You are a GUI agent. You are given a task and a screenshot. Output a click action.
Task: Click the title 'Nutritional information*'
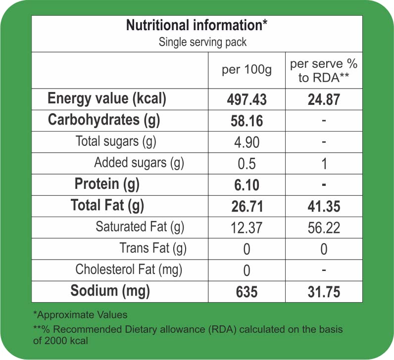pos(197,25)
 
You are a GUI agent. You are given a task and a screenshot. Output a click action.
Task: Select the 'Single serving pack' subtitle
pos(202,42)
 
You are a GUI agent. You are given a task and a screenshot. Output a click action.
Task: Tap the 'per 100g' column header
pos(246,70)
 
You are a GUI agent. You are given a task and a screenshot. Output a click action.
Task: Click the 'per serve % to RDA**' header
pos(324,71)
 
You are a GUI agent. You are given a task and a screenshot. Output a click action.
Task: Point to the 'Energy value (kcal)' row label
pos(107,99)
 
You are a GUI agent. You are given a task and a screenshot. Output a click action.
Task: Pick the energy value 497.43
pos(247,99)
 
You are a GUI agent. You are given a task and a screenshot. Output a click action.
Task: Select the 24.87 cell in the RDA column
pos(324,99)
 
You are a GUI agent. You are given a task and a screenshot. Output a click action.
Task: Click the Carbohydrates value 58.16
pos(247,121)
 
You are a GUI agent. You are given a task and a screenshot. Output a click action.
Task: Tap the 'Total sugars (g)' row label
pos(116,141)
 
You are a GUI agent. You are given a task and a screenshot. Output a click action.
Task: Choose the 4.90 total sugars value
pos(247,142)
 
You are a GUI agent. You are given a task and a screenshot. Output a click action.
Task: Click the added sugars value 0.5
pos(247,164)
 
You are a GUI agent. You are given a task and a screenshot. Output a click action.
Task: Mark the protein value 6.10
pos(247,185)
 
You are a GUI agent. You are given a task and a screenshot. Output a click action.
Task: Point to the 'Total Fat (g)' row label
pos(107,205)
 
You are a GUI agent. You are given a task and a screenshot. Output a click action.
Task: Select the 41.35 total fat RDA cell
pos(324,206)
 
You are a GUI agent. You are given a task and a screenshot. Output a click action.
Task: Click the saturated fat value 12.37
pos(247,227)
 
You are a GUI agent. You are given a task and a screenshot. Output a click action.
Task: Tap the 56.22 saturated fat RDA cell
pos(324,227)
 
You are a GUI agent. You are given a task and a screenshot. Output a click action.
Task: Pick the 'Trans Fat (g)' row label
pos(153,248)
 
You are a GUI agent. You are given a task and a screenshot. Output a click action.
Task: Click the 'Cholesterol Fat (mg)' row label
pos(129,270)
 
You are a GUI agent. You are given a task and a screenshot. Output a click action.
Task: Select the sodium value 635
pos(247,292)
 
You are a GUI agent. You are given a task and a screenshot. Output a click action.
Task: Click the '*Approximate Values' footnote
pos(80,315)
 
